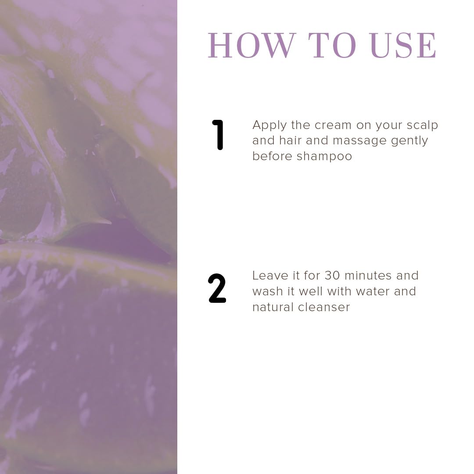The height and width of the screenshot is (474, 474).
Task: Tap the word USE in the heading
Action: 403,45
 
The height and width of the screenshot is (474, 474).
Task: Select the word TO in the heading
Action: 332,45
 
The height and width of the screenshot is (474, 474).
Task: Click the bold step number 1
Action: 218,135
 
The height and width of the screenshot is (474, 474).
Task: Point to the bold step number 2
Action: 217,288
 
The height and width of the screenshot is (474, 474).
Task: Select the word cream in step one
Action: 333,125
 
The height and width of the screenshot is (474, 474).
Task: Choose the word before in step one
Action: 272,156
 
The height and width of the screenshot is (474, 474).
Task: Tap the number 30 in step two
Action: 332,275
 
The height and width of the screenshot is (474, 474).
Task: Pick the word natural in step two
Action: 273,307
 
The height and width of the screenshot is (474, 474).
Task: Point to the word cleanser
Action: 324,307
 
